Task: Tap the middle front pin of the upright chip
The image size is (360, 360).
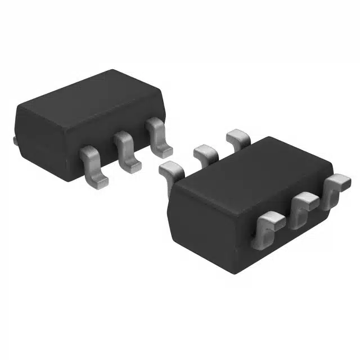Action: point(126,150)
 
